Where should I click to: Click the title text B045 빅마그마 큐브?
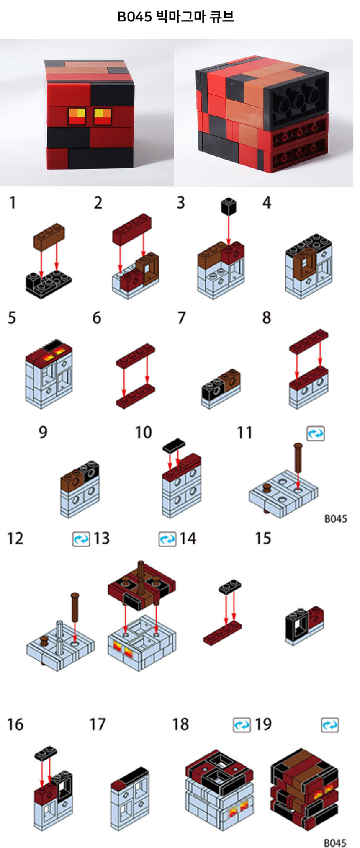(176, 17)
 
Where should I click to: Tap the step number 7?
(181, 318)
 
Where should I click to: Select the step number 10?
(143, 433)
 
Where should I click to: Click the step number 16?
(15, 724)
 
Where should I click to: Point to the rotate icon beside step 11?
(316, 433)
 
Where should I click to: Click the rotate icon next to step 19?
(330, 725)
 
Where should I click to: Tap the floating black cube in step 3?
(229, 206)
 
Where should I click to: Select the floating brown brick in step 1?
(49, 235)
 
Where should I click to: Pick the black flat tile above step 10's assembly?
(174, 445)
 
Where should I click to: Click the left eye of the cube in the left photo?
(77, 116)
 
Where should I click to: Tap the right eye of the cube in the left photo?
(103, 117)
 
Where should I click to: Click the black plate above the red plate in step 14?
(230, 586)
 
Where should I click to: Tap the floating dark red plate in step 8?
(309, 340)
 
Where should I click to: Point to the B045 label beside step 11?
(336, 518)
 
